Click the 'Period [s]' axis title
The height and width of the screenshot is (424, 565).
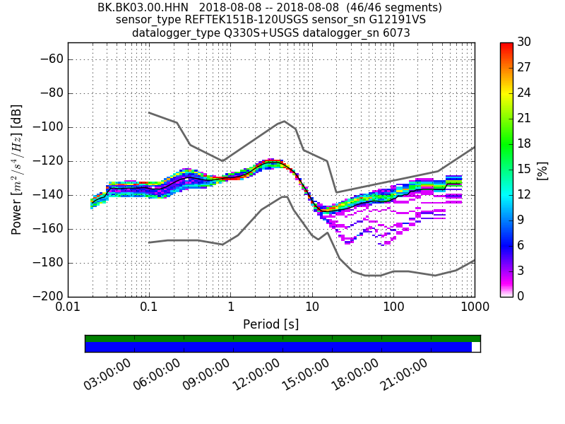[270, 324]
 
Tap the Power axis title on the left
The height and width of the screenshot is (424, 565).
[17, 170]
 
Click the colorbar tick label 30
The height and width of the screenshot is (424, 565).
[525, 42]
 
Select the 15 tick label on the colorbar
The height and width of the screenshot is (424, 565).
[524, 170]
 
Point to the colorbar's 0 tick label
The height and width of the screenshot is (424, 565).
[521, 296]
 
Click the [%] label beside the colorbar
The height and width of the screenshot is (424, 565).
[542, 170]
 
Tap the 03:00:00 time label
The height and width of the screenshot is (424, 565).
[108, 375]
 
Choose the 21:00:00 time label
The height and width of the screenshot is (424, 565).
[405, 375]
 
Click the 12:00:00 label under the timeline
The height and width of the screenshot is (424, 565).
[256, 375]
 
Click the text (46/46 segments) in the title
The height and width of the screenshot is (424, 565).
[387, 8]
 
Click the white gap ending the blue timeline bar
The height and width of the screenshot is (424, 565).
[475, 347]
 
